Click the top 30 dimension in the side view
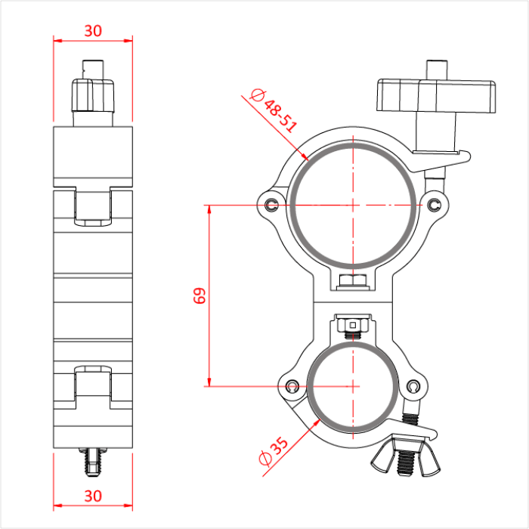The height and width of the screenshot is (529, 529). point(93,31)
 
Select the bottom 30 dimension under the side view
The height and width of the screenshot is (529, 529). point(93,496)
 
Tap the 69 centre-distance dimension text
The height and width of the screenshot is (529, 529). point(200,295)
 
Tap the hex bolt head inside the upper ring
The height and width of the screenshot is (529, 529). point(354,282)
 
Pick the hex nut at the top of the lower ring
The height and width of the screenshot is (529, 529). point(352,326)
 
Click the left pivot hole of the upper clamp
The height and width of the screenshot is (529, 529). point(272,203)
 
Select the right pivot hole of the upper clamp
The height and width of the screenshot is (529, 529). point(435,205)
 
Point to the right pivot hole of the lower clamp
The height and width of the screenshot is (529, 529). point(413,387)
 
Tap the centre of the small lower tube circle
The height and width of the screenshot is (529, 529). point(353,386)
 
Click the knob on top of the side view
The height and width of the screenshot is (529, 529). point(93,94)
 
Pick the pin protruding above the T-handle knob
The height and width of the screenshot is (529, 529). point(437,68)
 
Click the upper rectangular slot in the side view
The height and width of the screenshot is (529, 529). point(93,205)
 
